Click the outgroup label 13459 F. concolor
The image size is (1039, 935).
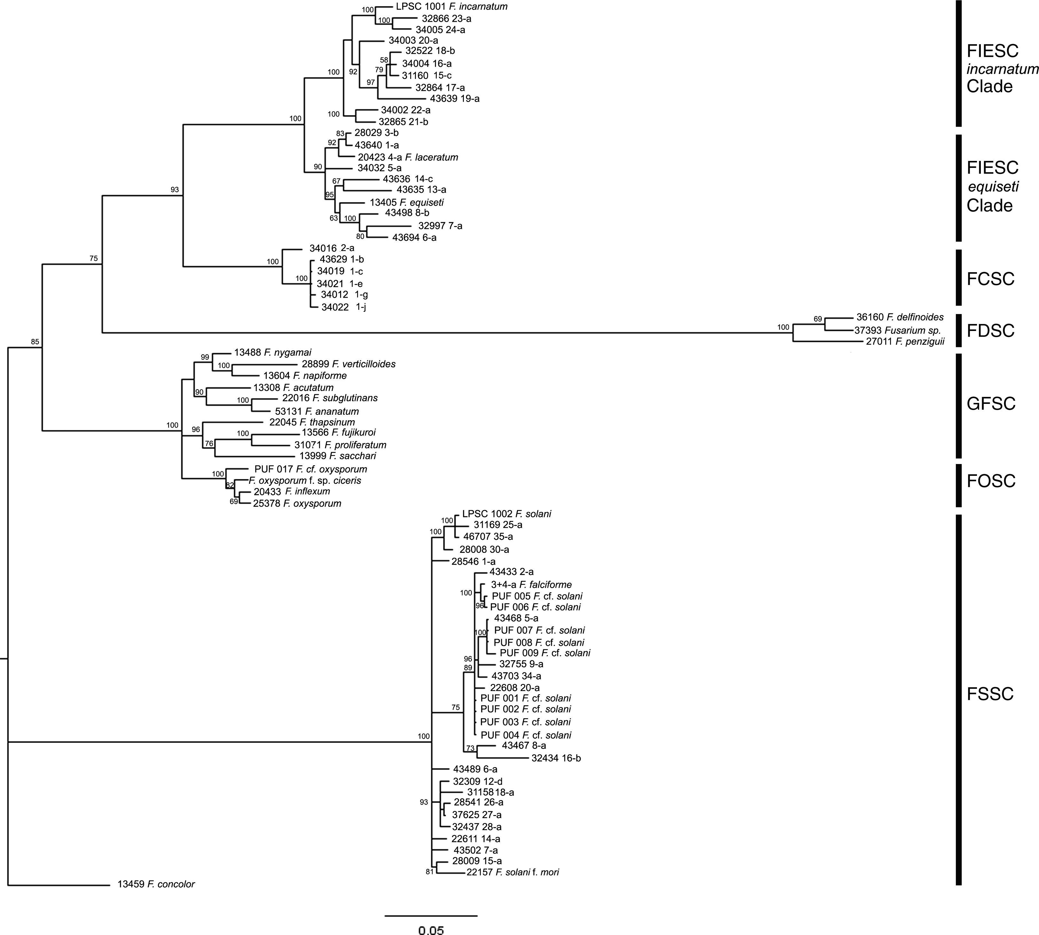pos(156,884)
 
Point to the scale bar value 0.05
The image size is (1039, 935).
pos(431,930)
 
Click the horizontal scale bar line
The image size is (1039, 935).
pos(431,915)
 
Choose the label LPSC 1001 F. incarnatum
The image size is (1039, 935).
pos(451,7)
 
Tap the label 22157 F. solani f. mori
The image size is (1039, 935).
pos(512,872)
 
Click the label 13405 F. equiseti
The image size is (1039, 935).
pos(406,202)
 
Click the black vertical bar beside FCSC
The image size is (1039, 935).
pos(958,278)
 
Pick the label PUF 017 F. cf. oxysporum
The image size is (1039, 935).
pos(310,469)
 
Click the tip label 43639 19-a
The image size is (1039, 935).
pos(454,98)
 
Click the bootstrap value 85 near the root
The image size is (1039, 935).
pos(35,342)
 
